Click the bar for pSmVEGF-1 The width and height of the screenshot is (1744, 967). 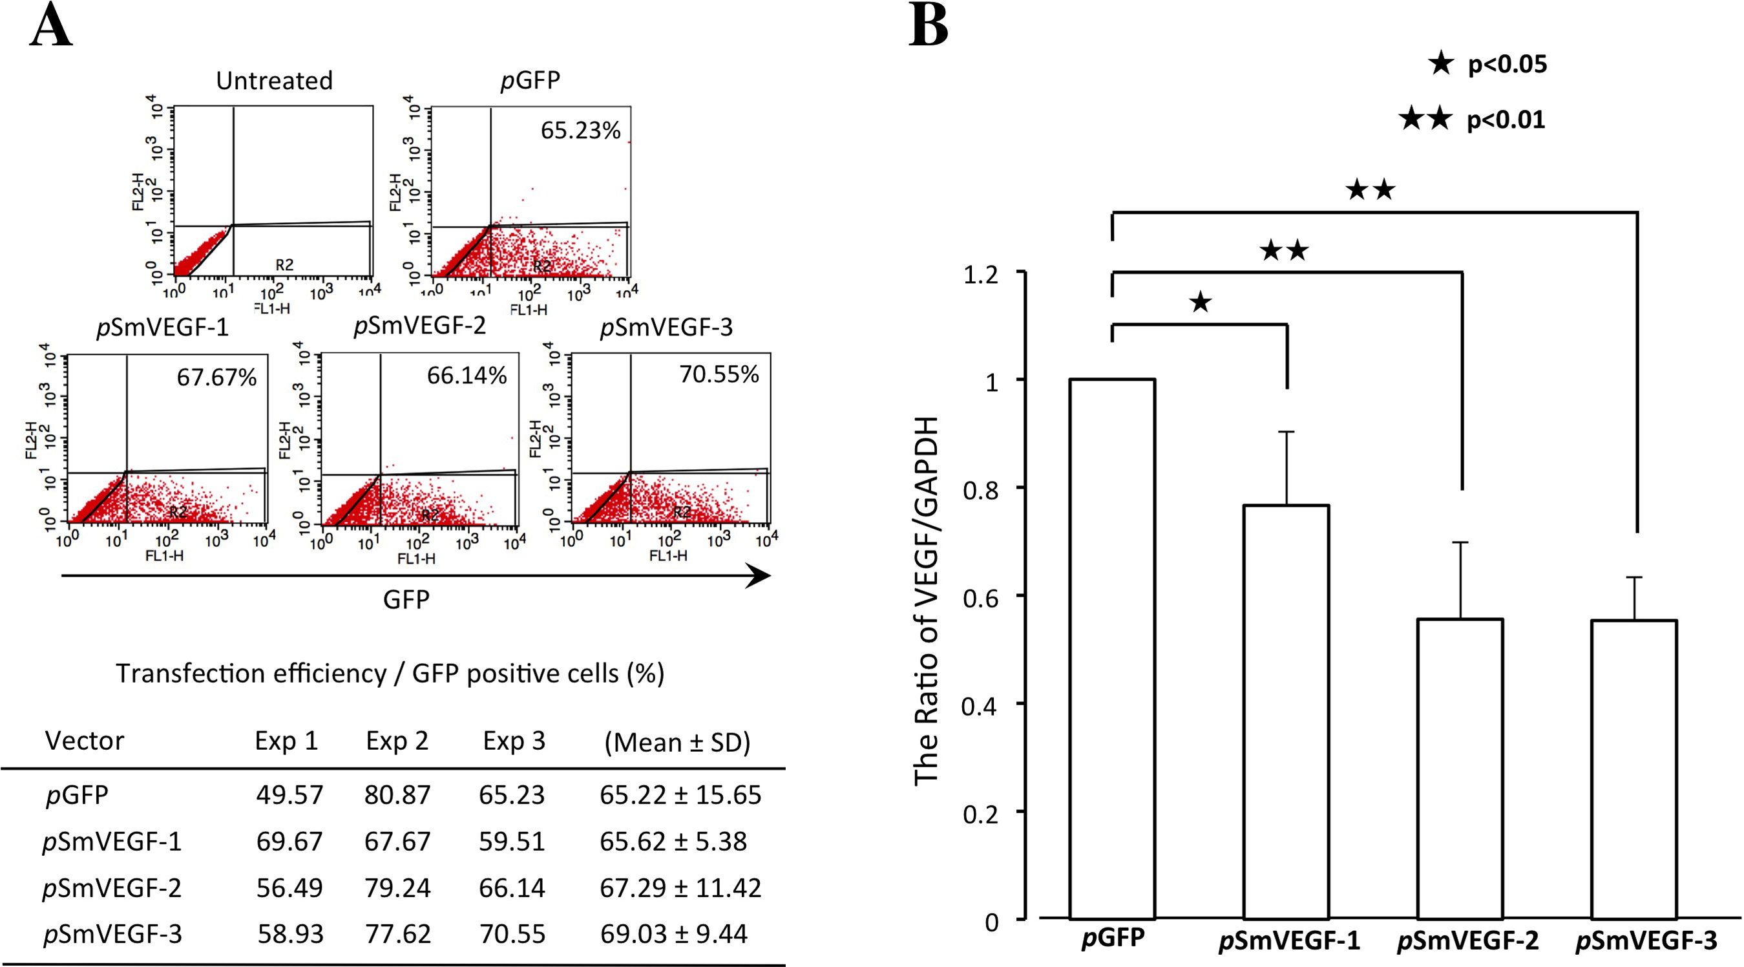[1287, 711]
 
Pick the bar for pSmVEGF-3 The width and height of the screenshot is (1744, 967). [1634, 769]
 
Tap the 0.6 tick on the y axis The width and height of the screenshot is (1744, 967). [980, 596]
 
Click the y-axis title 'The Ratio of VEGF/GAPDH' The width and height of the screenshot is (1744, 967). [926, 600]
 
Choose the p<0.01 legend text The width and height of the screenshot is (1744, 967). [1506, 120]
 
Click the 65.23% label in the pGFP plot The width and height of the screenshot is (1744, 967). [580, 130]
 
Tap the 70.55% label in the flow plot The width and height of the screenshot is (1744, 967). [719, 374]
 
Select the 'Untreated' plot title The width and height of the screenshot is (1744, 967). [274, 81]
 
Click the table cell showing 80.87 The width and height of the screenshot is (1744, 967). [397, 794]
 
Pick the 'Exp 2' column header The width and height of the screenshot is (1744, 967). [397, 741]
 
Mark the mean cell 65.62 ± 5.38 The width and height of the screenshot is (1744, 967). [673, 841]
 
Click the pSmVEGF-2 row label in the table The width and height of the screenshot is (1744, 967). [112, 887]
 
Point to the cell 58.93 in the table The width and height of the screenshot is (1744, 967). [289, 934]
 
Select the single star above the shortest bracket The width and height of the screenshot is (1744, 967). [1201, 303]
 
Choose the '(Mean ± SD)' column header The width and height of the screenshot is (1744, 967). [677, 742]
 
